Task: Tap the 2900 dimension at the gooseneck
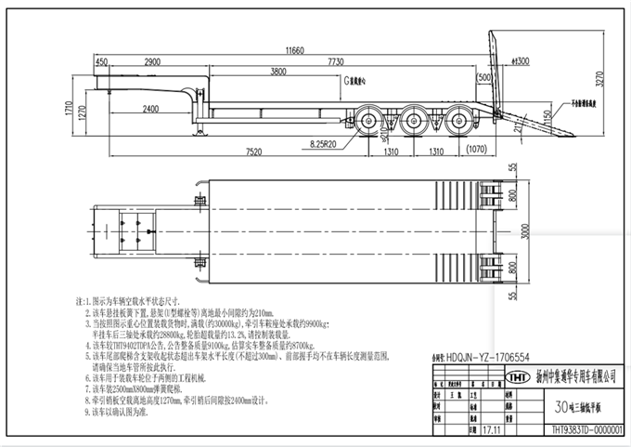(157, 61)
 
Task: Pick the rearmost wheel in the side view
(457, 120)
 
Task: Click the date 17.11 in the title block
(492, 430)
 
